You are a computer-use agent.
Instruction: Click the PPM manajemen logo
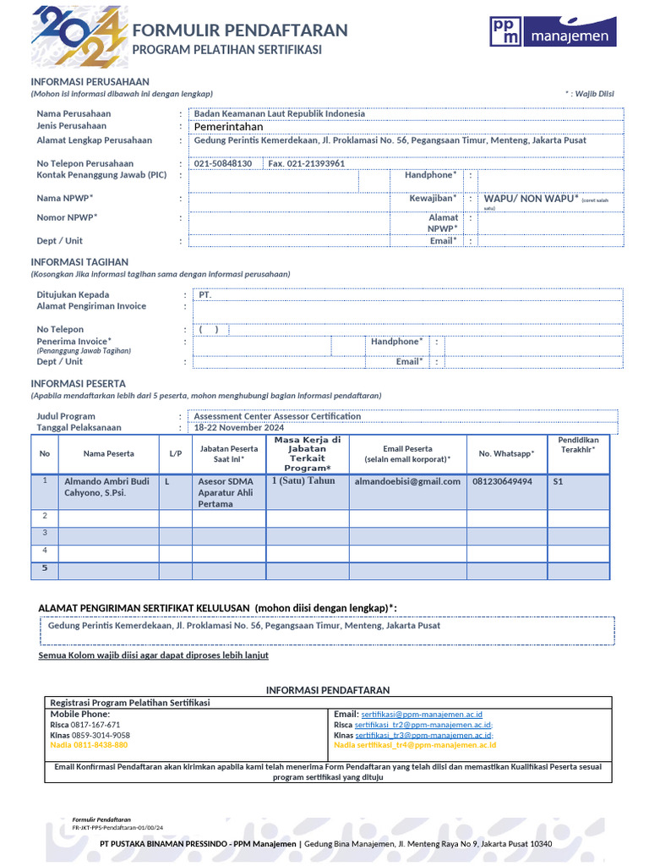tap(553, 32)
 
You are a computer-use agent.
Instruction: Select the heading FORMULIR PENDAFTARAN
tap(240, 30)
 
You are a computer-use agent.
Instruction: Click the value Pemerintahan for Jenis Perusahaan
tap(229, 127)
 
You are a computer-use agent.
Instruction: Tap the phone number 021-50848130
tap(223, 163)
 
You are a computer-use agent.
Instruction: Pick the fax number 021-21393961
tap(306, 163)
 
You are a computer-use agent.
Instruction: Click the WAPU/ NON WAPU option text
tap(531, 199)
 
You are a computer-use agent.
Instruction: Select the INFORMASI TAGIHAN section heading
tap(79, 262)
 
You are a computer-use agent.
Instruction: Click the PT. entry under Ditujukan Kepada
tap(204, 295)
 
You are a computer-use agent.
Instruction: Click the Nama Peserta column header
tap(108, 454)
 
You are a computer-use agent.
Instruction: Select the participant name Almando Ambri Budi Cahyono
tap(106, 487)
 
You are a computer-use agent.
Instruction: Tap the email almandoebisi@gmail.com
tap(407, 481)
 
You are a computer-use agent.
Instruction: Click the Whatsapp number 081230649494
tap(502, 481)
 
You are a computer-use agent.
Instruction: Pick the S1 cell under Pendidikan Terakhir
tap(558, 481)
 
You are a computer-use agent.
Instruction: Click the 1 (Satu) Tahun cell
tap(303, 480)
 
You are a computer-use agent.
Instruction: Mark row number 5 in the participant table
tap(45, 568)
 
